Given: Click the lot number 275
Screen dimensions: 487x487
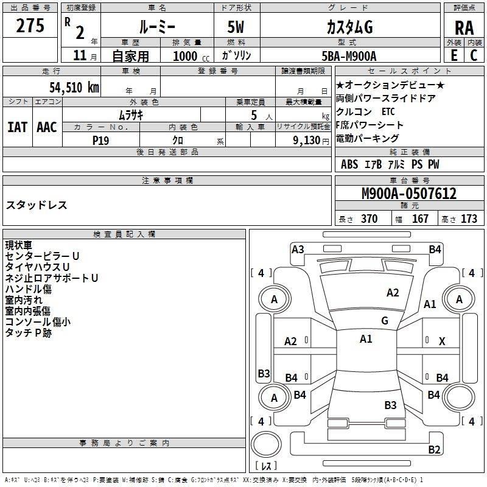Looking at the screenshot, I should point(30,26).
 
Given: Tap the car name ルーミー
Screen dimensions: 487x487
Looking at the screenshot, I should point(157,27).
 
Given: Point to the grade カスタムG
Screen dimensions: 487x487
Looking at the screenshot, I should point(349,27).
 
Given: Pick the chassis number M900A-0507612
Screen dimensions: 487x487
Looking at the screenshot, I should point(409,194).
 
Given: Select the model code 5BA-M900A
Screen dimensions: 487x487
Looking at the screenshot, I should point(349,56).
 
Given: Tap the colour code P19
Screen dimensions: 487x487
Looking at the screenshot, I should point(100,140).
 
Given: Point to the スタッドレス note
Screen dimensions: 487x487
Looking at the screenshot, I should point(37,205).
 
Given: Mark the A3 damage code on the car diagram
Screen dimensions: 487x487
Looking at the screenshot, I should point(298,249).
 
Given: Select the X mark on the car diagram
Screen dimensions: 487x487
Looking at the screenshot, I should point(442,342).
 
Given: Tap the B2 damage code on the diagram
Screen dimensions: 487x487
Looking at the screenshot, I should point(434,450).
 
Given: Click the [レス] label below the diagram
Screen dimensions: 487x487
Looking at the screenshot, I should point(267,467).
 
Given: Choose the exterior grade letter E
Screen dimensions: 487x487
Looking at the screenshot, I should point(454,55).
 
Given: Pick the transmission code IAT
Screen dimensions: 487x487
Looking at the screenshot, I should point(18,127).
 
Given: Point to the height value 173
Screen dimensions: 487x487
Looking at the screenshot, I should point(469,219).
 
